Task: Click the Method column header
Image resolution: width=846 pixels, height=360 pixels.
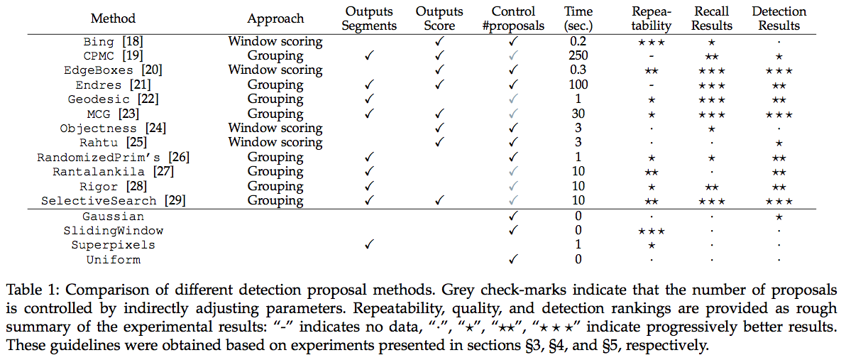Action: (114, 18)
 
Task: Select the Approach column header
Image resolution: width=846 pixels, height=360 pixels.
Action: (275, 18)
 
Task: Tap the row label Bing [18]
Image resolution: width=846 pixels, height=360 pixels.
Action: (114, 40)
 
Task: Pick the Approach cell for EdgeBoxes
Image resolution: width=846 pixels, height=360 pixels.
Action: (275, 70)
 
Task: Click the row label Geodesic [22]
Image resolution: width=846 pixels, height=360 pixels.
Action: (114, 99)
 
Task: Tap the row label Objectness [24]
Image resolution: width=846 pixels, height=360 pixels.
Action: (114, 129)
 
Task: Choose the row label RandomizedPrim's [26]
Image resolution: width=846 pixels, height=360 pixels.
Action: (114, 158)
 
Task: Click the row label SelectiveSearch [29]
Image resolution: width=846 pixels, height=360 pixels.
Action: (114, 202)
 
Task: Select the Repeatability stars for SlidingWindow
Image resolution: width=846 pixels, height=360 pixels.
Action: (652, 231)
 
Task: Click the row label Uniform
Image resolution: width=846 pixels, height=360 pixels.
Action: (114, 260)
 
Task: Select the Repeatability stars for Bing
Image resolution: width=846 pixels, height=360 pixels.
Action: (652, 40)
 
